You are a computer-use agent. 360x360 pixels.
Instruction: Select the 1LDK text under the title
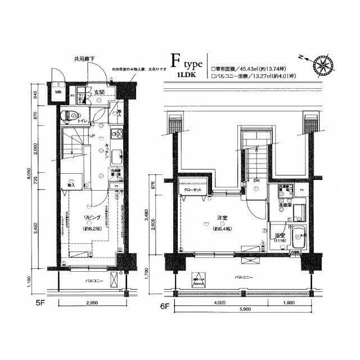[x=186, y=74]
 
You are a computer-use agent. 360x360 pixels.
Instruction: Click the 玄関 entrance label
[x=99, y=92]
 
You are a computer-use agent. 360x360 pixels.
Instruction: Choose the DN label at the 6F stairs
[x=256, y=180]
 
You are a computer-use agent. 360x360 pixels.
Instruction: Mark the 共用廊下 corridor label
[x=84, y=58]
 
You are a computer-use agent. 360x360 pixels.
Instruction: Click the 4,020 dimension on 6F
[x=220, y=303]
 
